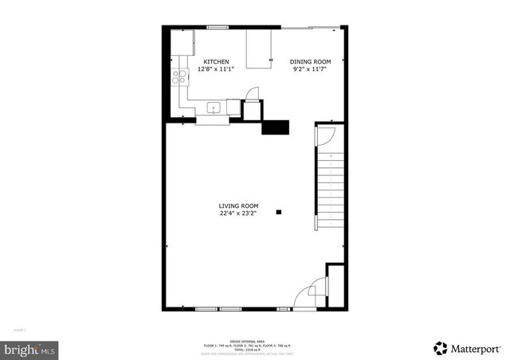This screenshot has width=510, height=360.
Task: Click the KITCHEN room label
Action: click(216, 62)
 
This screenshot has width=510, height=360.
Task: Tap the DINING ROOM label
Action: click(308, 62)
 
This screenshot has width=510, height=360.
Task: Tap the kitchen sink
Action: click(214, 107)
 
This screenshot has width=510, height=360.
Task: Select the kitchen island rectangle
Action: click(257, 49)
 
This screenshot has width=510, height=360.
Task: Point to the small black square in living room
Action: click(279, 212)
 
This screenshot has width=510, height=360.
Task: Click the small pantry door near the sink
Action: click(252, 95)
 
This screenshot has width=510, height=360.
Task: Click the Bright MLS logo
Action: click(30, 349)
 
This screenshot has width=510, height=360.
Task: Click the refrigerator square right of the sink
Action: click(234, 107)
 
